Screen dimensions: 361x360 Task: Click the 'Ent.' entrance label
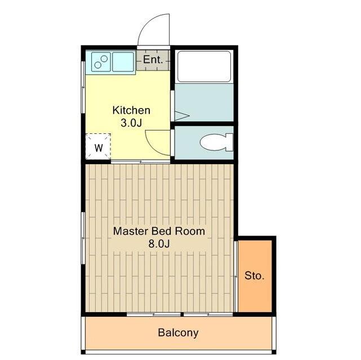(153, 60)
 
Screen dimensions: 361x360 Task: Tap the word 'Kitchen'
(131, 110)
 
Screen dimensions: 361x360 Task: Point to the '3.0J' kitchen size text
(131, 123)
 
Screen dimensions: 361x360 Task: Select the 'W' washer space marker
(99, 148)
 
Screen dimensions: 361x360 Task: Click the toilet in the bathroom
(216, 142)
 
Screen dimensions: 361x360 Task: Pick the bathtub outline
(204, 66)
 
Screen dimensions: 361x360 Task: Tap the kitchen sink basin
(123, 62)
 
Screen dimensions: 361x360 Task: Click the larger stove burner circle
(104, 58)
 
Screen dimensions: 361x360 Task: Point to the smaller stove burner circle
(97, 65)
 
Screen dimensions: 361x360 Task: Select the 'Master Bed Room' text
(159, 231)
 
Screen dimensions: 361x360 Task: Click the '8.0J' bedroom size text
(159, 244)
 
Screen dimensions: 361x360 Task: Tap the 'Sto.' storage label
(255, 276)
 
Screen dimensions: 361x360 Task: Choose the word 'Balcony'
(178, 332)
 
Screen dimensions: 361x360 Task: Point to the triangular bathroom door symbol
(182, 116)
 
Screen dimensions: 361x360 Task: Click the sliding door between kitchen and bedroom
(140, 162)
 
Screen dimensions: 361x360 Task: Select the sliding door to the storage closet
(235, 276)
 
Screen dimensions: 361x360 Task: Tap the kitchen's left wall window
(83, 87)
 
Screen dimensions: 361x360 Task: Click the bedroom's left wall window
(83, 238)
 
